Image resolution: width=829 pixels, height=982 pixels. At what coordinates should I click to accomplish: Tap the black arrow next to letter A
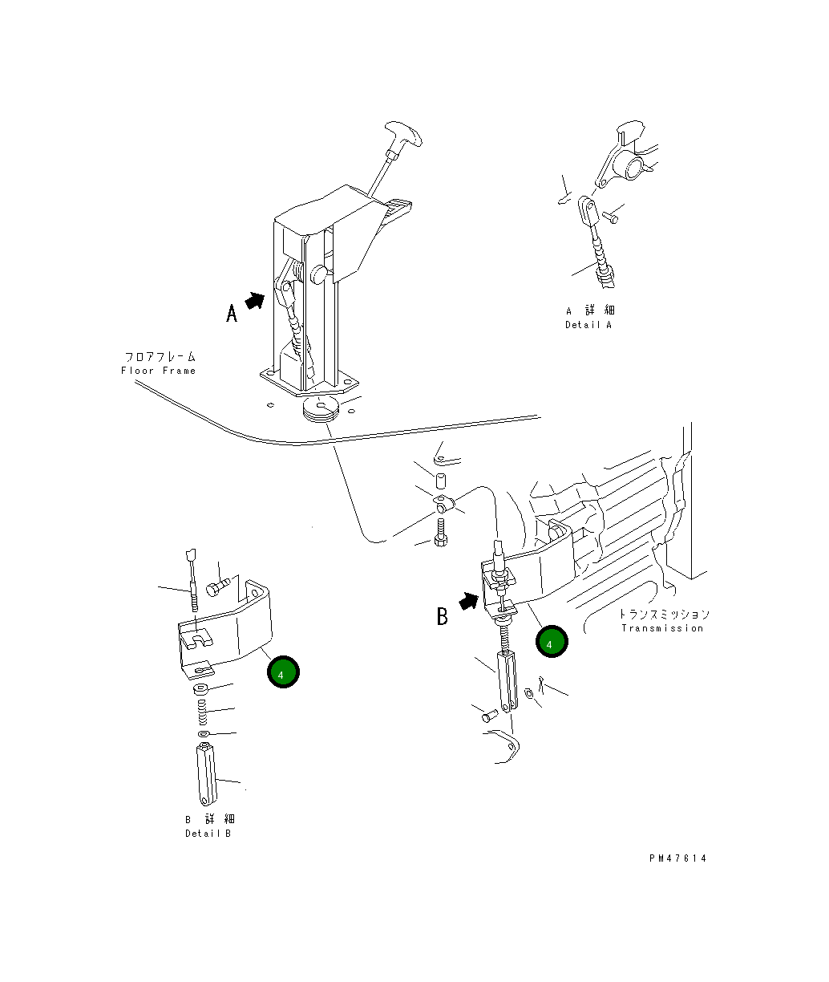tap(255, 301)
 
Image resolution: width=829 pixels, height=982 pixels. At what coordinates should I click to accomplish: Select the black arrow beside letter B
tap(468, 601)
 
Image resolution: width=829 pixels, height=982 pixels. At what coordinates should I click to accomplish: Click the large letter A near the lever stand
tap(231, 313)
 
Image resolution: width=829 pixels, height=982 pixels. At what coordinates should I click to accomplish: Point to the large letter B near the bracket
tap(443, 616)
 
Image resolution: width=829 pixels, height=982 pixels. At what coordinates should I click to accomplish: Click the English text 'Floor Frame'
tap(158, 371)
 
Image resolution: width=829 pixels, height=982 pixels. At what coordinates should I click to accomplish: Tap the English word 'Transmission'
tap(662, 628)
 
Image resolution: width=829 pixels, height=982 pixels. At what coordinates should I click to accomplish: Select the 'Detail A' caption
tap(588, 325)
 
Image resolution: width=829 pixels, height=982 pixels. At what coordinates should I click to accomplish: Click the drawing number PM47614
tap(677, 858)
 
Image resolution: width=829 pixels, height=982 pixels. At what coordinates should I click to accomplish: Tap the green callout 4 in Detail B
tap(283, 672)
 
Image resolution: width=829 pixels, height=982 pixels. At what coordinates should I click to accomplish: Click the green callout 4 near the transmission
tap(552, 642)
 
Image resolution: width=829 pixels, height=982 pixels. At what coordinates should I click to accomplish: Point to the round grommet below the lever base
tap(321, 408)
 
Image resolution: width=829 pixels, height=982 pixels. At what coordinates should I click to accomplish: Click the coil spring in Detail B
tap(202, 712)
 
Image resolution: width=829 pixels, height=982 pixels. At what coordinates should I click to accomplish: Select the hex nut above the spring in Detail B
tap(200, 689)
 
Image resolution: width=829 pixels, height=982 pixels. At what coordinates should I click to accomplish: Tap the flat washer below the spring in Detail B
tap(204, 734)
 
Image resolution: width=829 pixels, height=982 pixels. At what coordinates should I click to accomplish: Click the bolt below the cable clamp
tap(441, 532)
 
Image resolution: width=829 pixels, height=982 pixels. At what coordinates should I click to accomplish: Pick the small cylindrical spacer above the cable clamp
tap(441, 481)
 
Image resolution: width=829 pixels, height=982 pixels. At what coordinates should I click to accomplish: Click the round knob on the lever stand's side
tap(319, 274)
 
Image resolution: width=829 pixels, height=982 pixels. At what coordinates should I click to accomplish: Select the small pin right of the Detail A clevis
tap(610, 217)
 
